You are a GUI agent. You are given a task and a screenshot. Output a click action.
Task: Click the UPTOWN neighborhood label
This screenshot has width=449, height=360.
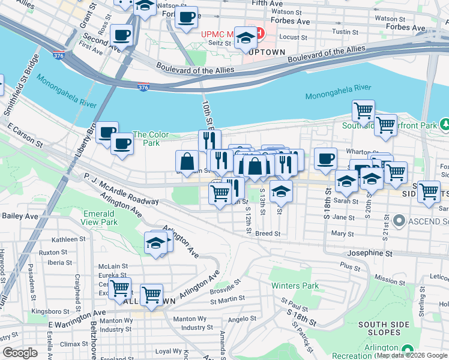tap(268, 53)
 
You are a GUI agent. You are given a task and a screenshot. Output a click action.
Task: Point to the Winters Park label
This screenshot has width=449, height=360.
tap(295, 286)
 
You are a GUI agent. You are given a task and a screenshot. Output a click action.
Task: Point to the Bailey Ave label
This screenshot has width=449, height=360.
tap(20, 215)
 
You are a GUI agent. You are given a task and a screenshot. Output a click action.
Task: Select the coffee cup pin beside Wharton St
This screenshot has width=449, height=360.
tap(325, 159)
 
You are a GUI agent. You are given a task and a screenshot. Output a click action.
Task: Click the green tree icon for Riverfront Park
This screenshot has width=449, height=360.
tap(445, 125)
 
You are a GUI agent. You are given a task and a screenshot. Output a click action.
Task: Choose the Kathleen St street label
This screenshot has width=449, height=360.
tap(64, 239)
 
